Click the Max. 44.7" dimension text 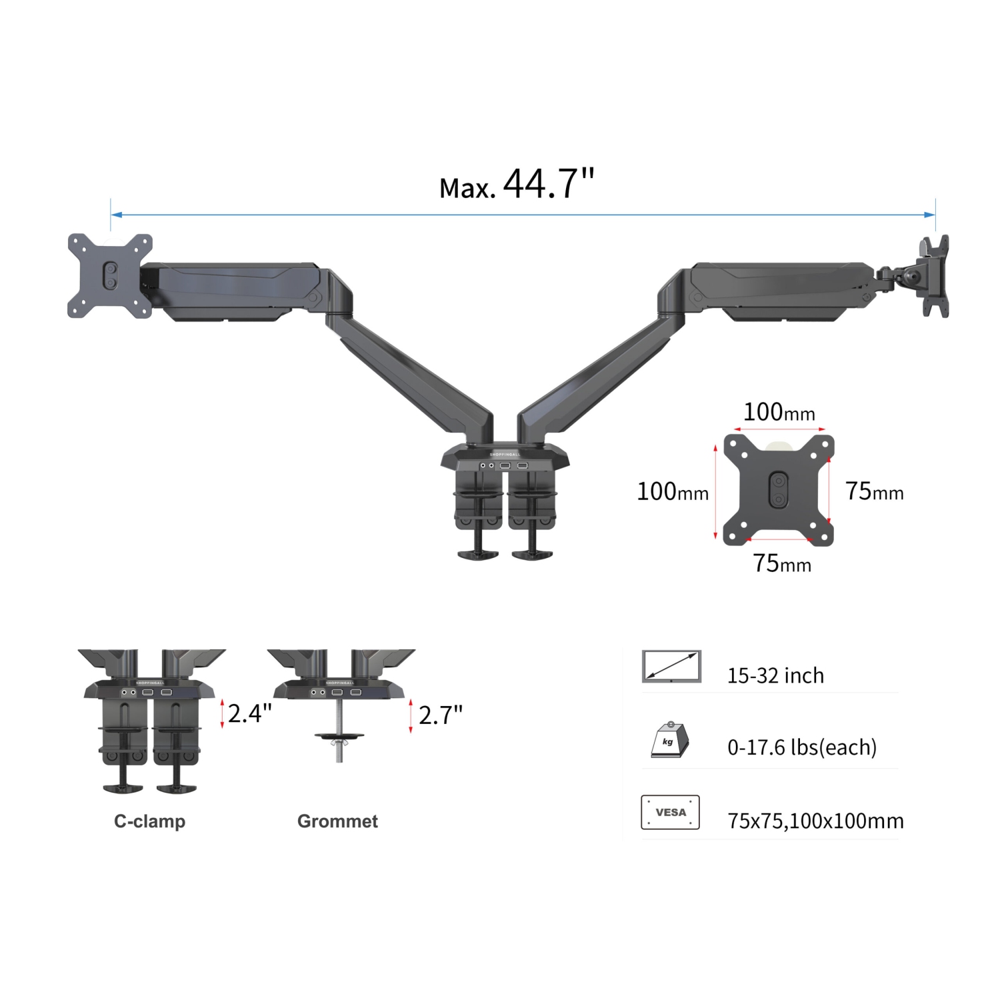[x=516, y=185]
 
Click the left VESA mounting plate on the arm [x=110, y=275]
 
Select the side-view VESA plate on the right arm [x=935, y=275]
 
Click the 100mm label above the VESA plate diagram [x=779, y=413]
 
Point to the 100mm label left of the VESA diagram [x=672, y=492]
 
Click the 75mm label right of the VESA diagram [x=874, y=492]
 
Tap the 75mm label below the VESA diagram [x=782, y=564]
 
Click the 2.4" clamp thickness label [x=249, y=714]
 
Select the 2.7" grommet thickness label [x=440, y=716]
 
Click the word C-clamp [x=149, y=821]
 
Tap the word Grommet [x=337, y=821]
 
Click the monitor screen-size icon [x=671, y=666]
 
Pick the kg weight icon [x=669, y=740]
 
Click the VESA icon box [x=670, y=812]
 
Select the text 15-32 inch [x=775, y=676]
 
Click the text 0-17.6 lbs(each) [x=801, y=747]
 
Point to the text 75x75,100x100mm [x=815, y=821]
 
